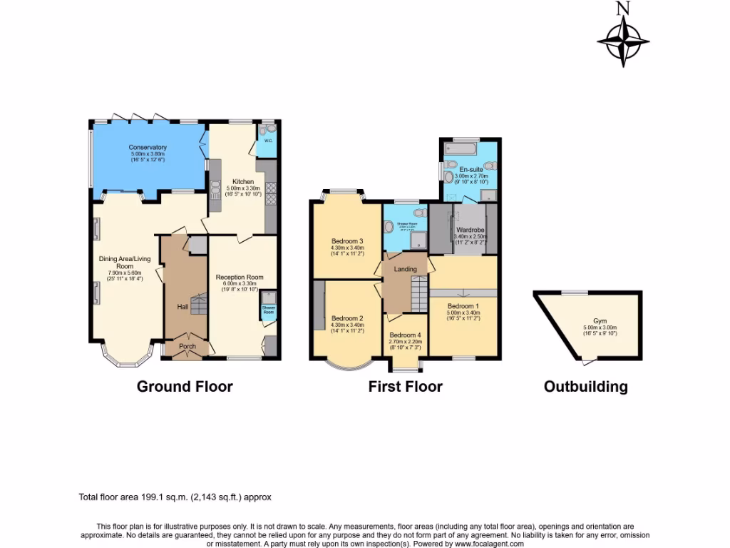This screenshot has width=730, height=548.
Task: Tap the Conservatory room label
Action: point(148,148)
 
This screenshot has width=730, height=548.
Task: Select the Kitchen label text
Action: point(233,182)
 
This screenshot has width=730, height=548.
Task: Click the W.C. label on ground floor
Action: point(268,141)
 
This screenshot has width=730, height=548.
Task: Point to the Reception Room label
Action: point(240,277)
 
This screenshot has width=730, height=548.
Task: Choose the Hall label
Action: point(182,307)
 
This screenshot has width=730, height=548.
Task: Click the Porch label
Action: point(187,347)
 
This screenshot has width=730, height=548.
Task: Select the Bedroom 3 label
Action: point(347,240)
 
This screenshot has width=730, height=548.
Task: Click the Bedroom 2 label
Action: point(347,318)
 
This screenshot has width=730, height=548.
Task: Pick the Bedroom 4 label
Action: point(404,335)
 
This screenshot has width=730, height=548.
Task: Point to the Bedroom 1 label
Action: point(464,306)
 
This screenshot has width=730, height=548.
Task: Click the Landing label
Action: point(405,269)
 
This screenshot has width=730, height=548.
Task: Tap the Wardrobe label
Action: point(471,229)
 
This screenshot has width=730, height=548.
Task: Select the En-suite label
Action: point(471,169)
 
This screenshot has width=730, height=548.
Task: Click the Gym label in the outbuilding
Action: point(600,321)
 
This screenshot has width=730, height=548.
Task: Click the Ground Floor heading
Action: point(185,387)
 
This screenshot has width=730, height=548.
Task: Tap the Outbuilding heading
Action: point(585,387)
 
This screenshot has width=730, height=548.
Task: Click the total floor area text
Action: point(175,497)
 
